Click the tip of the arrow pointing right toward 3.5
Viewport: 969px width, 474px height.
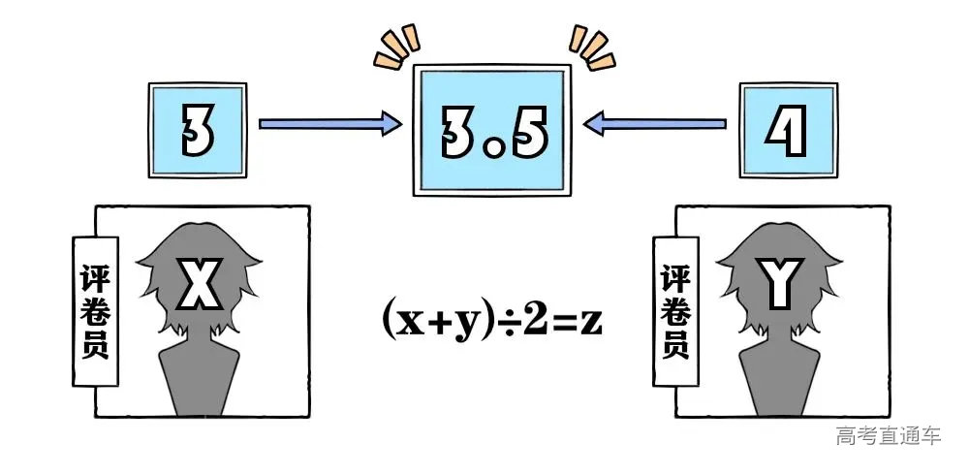pyautogui.click(x=402, y=124)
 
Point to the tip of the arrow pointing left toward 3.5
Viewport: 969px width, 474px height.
pyautogui.click(x=584, y=124)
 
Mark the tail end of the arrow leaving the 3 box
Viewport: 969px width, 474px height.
pyautogui.click(x=260, y=124)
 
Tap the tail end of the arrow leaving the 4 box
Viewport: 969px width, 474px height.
pyautogui.click(x=726, y=124)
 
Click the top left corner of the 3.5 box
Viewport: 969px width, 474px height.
pyautogui.click(x=414, y=65)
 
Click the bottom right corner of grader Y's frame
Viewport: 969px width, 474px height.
pyautogui.click(x=890, y=417)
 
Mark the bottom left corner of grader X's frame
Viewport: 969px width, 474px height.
pyautogui.click(x=95, y=417)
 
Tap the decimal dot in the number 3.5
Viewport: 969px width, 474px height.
pyautogui.click(x=494, y=149)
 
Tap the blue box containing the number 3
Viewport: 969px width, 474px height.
pyautogui.click(x=198, y=131)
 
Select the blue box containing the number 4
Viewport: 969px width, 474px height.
pyautogui.click(x=789, y=131)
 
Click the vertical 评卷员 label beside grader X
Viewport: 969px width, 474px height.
pyautogui.click(x=95, y=311)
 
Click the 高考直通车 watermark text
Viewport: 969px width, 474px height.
pyautogui.click(x=889, y=435)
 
